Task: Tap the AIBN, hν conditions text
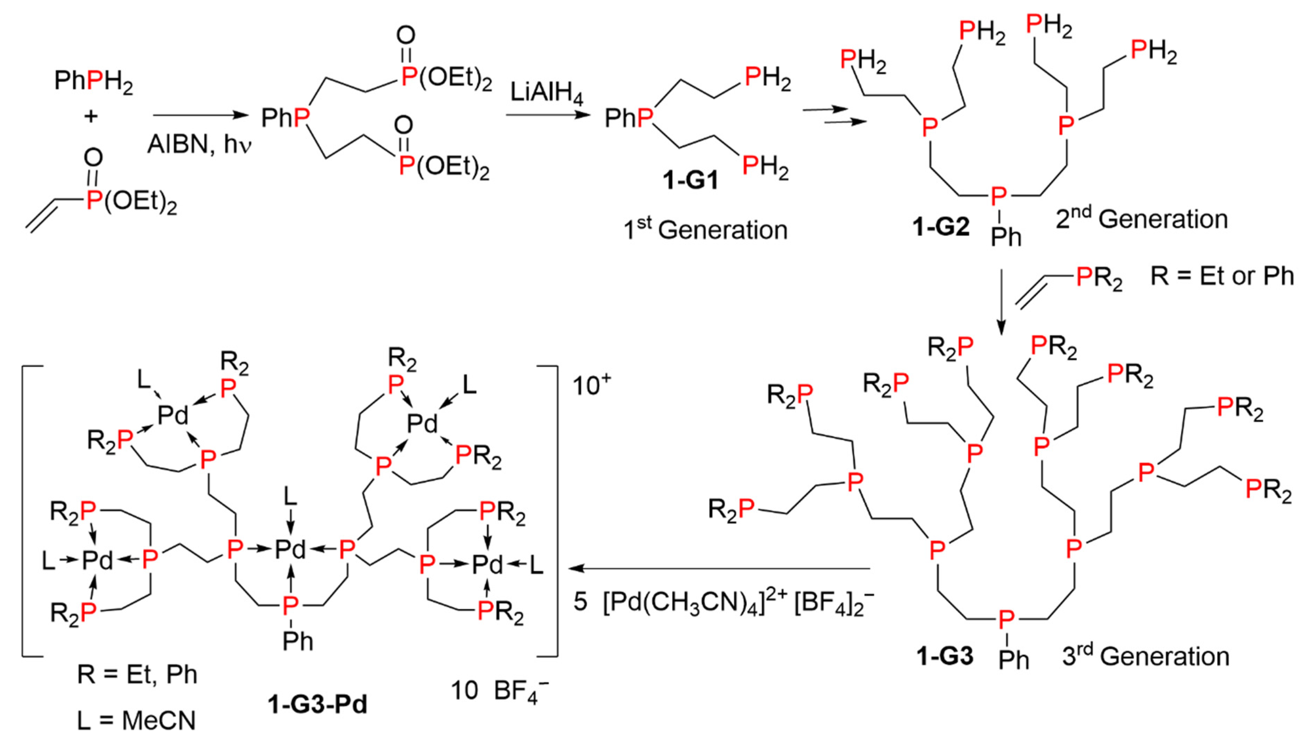point(200,144)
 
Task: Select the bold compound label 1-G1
point(690,180)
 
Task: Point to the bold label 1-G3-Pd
point(317,704)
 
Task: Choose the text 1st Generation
point(705,229)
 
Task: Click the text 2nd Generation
point(1141,219)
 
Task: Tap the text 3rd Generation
point(1145,656)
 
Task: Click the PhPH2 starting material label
point(93,81)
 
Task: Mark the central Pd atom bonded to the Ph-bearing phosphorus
point(290,550)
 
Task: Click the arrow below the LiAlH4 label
point(547,115)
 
